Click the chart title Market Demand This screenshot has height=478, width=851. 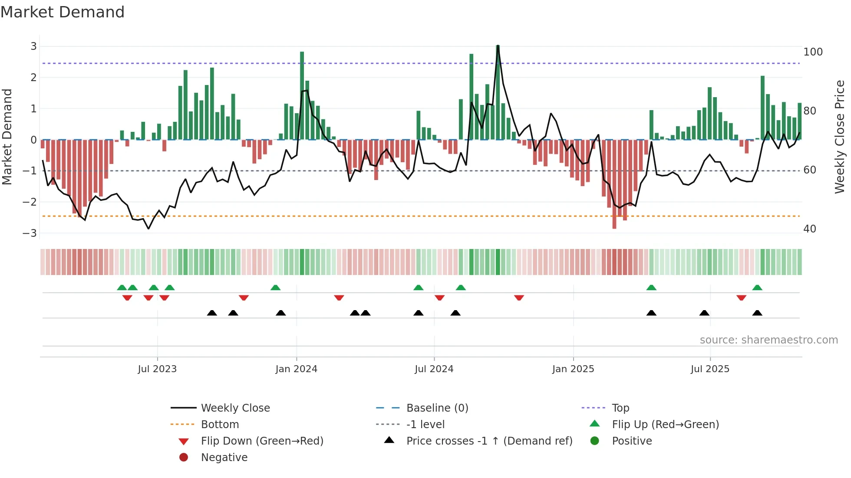click(63, 12)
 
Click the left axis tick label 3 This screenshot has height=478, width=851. click(33, 46)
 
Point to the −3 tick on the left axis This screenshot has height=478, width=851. click(30, 233)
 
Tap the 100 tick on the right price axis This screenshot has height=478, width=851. click(813, 52)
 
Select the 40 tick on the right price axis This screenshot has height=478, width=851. click(809, 229)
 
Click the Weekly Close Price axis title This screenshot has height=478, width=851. click(840, 137)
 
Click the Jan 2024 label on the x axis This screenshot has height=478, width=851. click(296, 369)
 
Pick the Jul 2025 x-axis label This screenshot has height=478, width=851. click(710, 369)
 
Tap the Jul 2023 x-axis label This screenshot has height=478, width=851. click(157, 369)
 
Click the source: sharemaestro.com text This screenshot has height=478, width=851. click(769, 340)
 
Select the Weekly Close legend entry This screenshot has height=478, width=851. click(235, 408)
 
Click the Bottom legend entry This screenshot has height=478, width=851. click(220, 425)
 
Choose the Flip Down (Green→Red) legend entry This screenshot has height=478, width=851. click(262, 441)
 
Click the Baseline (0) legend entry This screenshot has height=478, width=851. click(437, 408)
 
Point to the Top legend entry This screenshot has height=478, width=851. click(620, 408)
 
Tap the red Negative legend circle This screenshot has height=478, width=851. click(184, 458)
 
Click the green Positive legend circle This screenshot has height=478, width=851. click(595, 441)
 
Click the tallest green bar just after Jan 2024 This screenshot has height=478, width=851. click(302, 95)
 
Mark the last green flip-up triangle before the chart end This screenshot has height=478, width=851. click(757, 288)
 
